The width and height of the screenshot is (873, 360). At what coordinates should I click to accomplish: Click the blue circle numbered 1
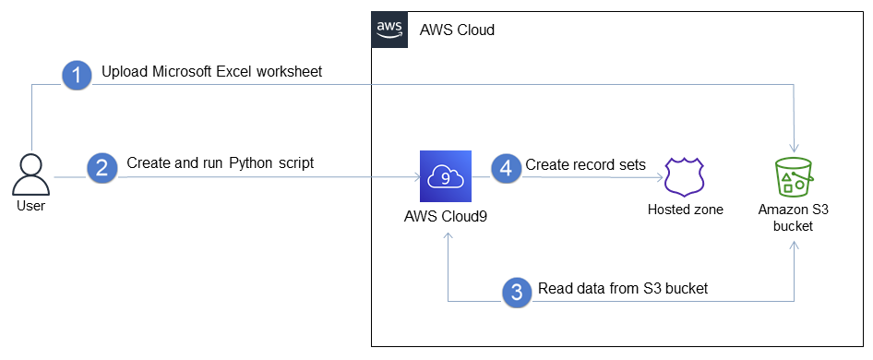[78, 75]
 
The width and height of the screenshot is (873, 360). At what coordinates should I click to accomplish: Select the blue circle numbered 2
[102, 167]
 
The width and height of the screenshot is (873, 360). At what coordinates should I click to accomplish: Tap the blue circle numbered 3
[517, 292]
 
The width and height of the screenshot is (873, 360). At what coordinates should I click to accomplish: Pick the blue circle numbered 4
[504, 167]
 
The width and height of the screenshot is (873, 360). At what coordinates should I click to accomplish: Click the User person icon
[31, 174]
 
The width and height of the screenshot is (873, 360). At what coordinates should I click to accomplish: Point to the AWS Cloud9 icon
[445, 176]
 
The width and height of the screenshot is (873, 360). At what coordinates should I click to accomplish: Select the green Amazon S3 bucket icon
[793, 176]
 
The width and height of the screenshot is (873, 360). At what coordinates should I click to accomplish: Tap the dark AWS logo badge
[389, 29]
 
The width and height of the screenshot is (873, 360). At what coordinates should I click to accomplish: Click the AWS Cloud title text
[457, 30]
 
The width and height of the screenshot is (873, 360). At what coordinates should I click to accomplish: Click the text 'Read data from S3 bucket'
[623, 288]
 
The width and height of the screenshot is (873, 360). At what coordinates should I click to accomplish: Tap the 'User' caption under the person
[30, 206]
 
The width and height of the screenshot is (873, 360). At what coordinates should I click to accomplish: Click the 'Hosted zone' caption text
[685, 210]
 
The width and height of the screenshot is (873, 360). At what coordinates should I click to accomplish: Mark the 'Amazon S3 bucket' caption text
[793, 218]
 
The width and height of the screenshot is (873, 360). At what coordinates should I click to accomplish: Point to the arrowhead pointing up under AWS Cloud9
[448, 236]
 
